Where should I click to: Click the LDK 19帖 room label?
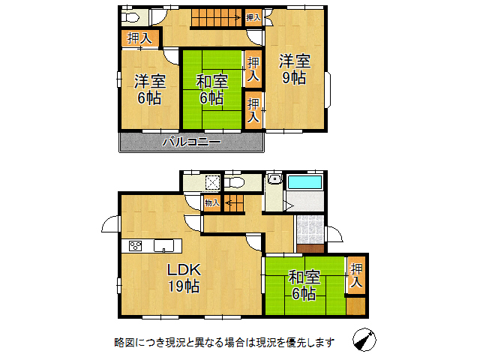point(184,278)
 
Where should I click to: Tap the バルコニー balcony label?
point(191,142)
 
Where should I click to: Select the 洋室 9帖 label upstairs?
point(295,69)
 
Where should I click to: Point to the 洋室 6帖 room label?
point(150,89)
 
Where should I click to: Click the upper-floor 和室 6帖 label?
point(211,89)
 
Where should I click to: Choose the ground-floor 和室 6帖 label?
point(304,285)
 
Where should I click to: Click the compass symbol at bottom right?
point(364,340)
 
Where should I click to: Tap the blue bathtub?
point(305,182)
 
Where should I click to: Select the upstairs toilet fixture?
point(130,17)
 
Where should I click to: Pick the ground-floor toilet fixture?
point(234,183)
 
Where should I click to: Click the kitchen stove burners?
point(135,246)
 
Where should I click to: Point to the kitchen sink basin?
point(163,246)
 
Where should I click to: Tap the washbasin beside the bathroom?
point(274,178)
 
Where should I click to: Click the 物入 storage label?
point(211,202)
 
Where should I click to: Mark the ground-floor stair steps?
point(234,203)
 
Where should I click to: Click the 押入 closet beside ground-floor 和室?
point(356,275)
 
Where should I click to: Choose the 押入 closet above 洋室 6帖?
point(140,38)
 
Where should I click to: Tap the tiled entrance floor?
point(310,229)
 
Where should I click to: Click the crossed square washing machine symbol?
point(213,183)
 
